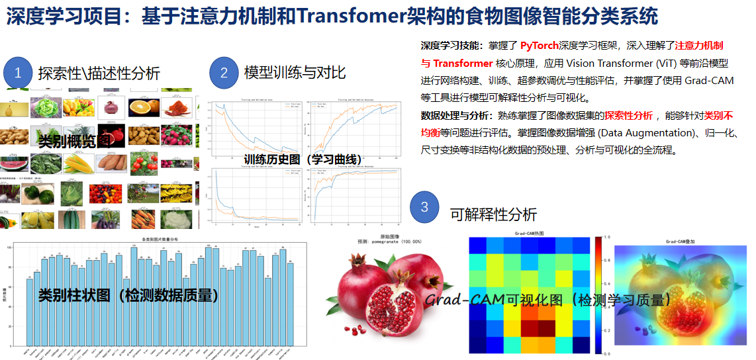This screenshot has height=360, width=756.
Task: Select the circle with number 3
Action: [x=424, y=207]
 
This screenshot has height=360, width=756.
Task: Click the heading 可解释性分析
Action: [x=493, y=214]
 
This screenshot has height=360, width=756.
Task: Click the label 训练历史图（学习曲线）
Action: [x=303, y=159]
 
